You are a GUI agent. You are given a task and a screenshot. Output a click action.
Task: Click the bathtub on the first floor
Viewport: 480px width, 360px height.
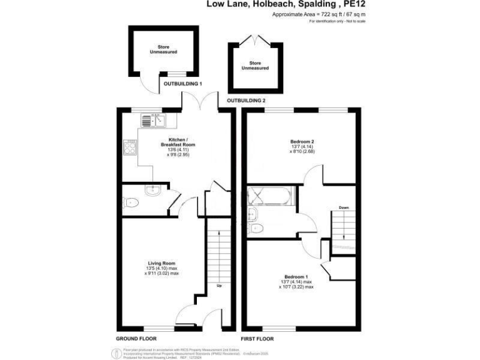(269, 197)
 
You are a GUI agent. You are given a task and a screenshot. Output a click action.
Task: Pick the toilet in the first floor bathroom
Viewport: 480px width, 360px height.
(256, 229)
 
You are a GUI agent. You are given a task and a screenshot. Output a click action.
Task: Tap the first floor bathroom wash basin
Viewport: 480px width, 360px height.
(253, 214)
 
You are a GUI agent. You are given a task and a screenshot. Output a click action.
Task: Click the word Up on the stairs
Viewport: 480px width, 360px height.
(219, 286)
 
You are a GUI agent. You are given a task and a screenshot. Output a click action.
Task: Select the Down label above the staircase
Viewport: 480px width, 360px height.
(344, 207)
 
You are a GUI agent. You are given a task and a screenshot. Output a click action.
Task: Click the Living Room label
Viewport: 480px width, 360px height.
(161, 263)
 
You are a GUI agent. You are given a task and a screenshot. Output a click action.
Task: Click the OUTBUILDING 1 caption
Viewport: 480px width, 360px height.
(182, 83)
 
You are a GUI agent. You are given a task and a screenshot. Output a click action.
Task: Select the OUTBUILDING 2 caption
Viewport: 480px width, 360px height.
(246, 100)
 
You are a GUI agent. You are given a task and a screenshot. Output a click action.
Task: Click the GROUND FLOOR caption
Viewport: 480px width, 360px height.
(136, 338)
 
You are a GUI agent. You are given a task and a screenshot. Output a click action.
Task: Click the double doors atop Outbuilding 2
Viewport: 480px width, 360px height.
(254, 39)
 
